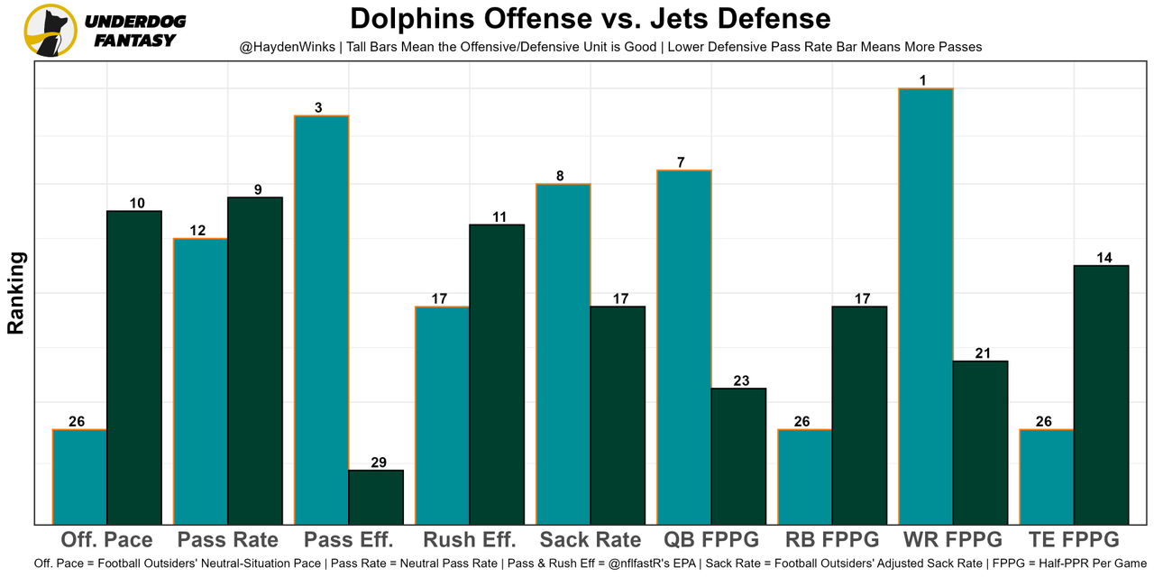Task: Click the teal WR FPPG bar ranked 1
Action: point(925,307)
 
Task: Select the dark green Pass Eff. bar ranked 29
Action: point(376,497)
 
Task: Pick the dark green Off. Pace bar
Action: point(134,367)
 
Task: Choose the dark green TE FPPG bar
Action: point(1102,394)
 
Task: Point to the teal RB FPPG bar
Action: point(805,477)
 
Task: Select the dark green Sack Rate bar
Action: point(618,415)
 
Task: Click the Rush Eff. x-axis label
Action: point(469,540)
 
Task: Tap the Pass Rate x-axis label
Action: point(228,540)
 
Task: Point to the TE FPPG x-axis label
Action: point(1074,540)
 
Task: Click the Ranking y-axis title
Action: point(16,293)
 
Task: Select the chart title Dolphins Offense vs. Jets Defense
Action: point(591,18)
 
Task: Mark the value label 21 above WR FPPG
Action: point(982,353)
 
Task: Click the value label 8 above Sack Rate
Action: point(561,176)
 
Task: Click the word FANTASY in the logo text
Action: point(135,40)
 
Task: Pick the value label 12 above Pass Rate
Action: point(197,231)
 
